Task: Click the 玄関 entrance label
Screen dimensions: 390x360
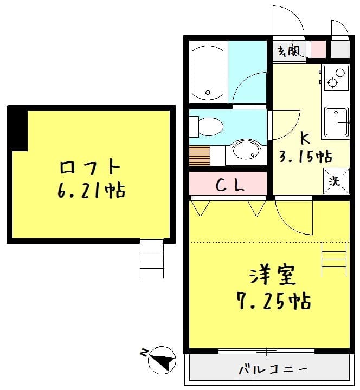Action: point(288,51)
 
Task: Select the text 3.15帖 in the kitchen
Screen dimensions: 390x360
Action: point(305,157)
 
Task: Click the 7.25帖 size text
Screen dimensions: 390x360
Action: point(273,300)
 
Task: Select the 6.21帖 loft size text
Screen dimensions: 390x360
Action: point(90,191)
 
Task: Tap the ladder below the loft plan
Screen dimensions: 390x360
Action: point(151,258)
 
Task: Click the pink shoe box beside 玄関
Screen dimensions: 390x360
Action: point(318,49)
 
